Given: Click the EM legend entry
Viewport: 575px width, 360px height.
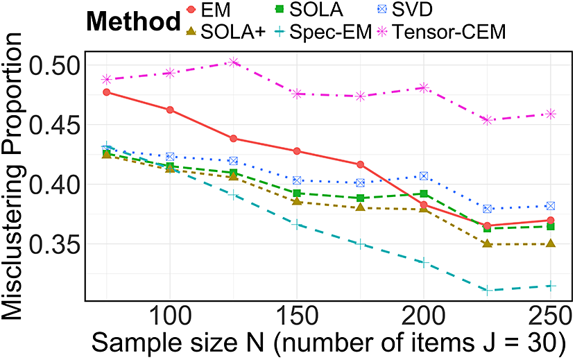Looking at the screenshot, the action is (x=208, y=10).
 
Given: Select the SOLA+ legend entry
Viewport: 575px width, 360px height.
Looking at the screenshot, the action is (x=225, y=33).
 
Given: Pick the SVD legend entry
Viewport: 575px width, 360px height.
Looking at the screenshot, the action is (x=406, y=10).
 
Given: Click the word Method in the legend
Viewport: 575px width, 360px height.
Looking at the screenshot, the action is (x=133, y=22).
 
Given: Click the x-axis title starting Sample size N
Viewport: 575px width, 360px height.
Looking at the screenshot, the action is (x=329, y=343).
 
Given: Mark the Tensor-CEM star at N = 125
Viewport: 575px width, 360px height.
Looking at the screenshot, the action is (x=233, y=62).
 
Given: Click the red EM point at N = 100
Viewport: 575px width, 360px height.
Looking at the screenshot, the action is (x=170, y=110).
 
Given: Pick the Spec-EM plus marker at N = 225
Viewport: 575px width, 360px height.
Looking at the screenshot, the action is (x=487, y=291).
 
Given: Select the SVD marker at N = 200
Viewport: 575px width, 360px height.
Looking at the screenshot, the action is (x=424, y=176).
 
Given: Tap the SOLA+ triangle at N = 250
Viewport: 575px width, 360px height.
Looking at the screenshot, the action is (x=550, y=243).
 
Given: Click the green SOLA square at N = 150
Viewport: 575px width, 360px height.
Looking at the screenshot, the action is (x=297, y=194).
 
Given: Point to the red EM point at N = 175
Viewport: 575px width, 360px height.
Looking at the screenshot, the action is (x=361, y=164).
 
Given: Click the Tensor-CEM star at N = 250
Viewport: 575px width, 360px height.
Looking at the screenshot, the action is (x=550, y=114).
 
